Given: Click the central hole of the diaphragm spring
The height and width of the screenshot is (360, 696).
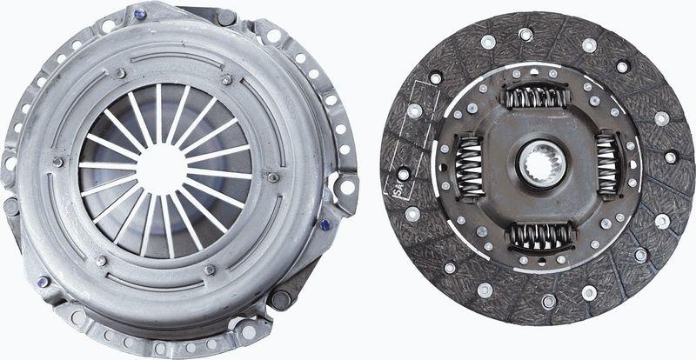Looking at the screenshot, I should (x=163, y=168).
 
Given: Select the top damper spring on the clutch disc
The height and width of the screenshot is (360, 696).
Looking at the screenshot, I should (x=537, y=95).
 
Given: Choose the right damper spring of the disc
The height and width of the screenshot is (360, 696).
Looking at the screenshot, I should (x=608, y=163).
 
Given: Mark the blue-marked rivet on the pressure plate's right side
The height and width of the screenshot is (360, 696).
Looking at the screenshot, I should (x=325, y=224).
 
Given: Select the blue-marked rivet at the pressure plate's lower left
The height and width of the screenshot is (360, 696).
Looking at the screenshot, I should (x=43, y=281).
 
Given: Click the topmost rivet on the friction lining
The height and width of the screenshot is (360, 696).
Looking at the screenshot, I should (x=525, y=35).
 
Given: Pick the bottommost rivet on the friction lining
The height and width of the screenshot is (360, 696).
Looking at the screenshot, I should (x=548, y=302).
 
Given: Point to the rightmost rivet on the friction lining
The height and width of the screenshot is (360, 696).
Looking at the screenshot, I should (x=671, y=157).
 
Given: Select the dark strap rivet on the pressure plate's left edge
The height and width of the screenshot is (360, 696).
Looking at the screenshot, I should (x=10, y=207).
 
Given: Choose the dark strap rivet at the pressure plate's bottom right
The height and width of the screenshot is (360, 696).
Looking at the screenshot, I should (x=281, y=300).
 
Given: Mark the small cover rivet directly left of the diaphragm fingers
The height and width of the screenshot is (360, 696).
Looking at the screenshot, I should (x=58, y=162).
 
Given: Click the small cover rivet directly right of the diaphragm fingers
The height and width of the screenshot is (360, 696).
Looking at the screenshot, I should (x=272, y=177).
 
